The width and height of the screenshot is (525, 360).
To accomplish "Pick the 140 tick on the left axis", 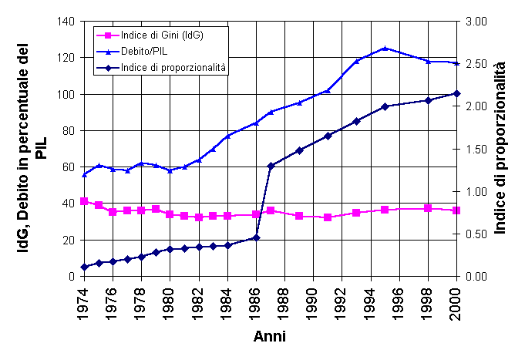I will click(x=65, y=22).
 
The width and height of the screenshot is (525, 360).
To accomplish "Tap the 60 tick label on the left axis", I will click(x=68, y=167).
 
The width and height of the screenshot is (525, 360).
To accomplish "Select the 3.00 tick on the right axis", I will click(x=477, y=22).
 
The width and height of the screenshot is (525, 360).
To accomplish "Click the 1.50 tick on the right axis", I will click(x=477, y=149).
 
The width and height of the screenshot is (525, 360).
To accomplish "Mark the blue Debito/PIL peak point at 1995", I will click(x=385, y=48).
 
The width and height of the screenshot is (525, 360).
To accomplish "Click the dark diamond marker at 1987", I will click(x=271, y=166).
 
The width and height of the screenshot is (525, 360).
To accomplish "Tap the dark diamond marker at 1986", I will click(x=257, y=237).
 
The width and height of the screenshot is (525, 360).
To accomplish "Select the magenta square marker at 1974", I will click(x=84, y=201).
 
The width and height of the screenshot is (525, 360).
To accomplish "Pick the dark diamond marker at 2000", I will click(x=456, y=93).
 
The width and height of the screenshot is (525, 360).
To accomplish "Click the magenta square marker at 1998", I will click(x=428, y=208).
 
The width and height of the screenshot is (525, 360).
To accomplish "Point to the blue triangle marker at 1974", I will click(x=84, y=174).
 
